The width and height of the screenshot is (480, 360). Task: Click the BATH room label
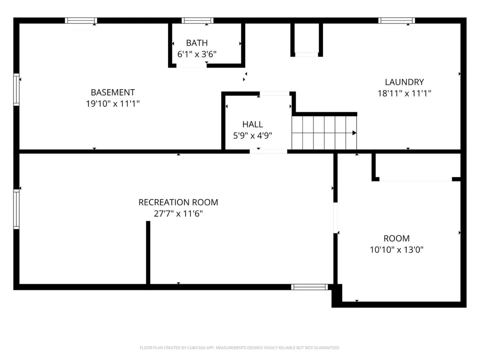(197, 43)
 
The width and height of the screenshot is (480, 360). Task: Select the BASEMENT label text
(113, 93)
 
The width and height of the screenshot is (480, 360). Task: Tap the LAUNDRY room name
(404, 82)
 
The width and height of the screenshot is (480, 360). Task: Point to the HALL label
(252, 124)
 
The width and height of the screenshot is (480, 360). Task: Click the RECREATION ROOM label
(178, 203)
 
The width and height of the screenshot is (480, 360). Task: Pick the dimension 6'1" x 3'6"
(197, 54)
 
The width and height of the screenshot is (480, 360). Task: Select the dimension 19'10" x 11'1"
(113, 104)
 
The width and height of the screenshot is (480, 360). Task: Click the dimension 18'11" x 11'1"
(404, 94)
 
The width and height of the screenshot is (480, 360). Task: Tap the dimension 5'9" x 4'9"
(252, 135)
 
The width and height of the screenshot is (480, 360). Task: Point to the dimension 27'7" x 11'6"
(178, 214)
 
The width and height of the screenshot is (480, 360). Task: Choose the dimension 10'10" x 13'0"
(396, 250)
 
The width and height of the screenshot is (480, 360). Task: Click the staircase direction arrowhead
(355, 133)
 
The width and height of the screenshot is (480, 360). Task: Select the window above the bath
(197, 21)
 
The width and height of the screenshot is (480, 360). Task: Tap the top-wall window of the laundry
(397, 21)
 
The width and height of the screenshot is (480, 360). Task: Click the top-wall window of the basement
(81, 21)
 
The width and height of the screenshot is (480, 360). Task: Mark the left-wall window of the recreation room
(16, 209)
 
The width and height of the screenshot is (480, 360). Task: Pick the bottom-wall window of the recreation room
(310, 287)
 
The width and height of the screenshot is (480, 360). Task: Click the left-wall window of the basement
(16, 89)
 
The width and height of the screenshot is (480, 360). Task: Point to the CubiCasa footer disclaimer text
(240, 348)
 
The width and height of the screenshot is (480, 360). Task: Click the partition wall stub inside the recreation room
(148, 252)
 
